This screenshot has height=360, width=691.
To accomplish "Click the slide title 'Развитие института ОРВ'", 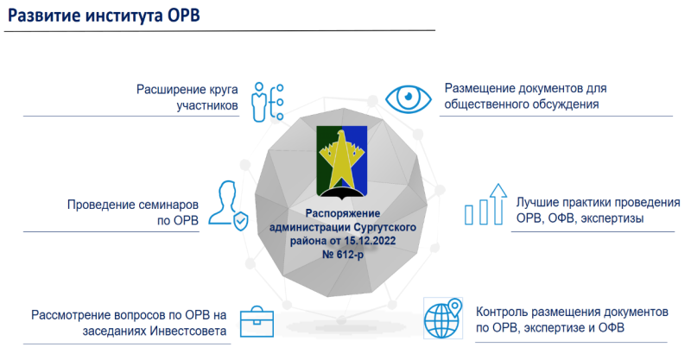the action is tap(104, 16).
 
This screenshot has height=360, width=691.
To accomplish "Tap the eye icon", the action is tap(409, 98).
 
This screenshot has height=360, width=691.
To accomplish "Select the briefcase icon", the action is tap(257, 322).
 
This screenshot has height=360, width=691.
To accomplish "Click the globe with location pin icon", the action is tap(443, 319).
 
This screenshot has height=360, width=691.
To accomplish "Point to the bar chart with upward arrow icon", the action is tap(485, 205).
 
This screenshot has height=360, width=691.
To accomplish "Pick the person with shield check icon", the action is tap(228, 205).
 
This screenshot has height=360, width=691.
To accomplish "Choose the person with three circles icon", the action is tap(267, 102).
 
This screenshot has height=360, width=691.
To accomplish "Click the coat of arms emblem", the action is tap(342, 161).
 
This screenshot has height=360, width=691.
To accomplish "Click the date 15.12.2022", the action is tap(370, 241).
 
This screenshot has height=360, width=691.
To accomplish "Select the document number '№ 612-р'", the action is tap(343, 255).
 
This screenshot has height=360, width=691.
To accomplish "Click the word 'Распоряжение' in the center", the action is tap(343, 213).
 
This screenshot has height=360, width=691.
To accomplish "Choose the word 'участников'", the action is tap(207, 105).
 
